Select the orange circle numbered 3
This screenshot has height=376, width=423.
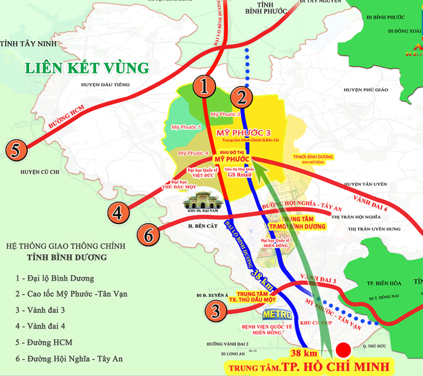coord(216,310)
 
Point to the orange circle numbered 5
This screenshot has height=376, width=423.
coord(15,150)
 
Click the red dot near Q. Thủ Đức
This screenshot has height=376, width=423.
coord(344,349)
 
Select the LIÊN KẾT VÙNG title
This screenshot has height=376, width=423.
coord(87,68)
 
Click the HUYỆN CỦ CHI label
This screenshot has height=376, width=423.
coord(40,172)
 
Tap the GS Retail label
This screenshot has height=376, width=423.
coord(240,175)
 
